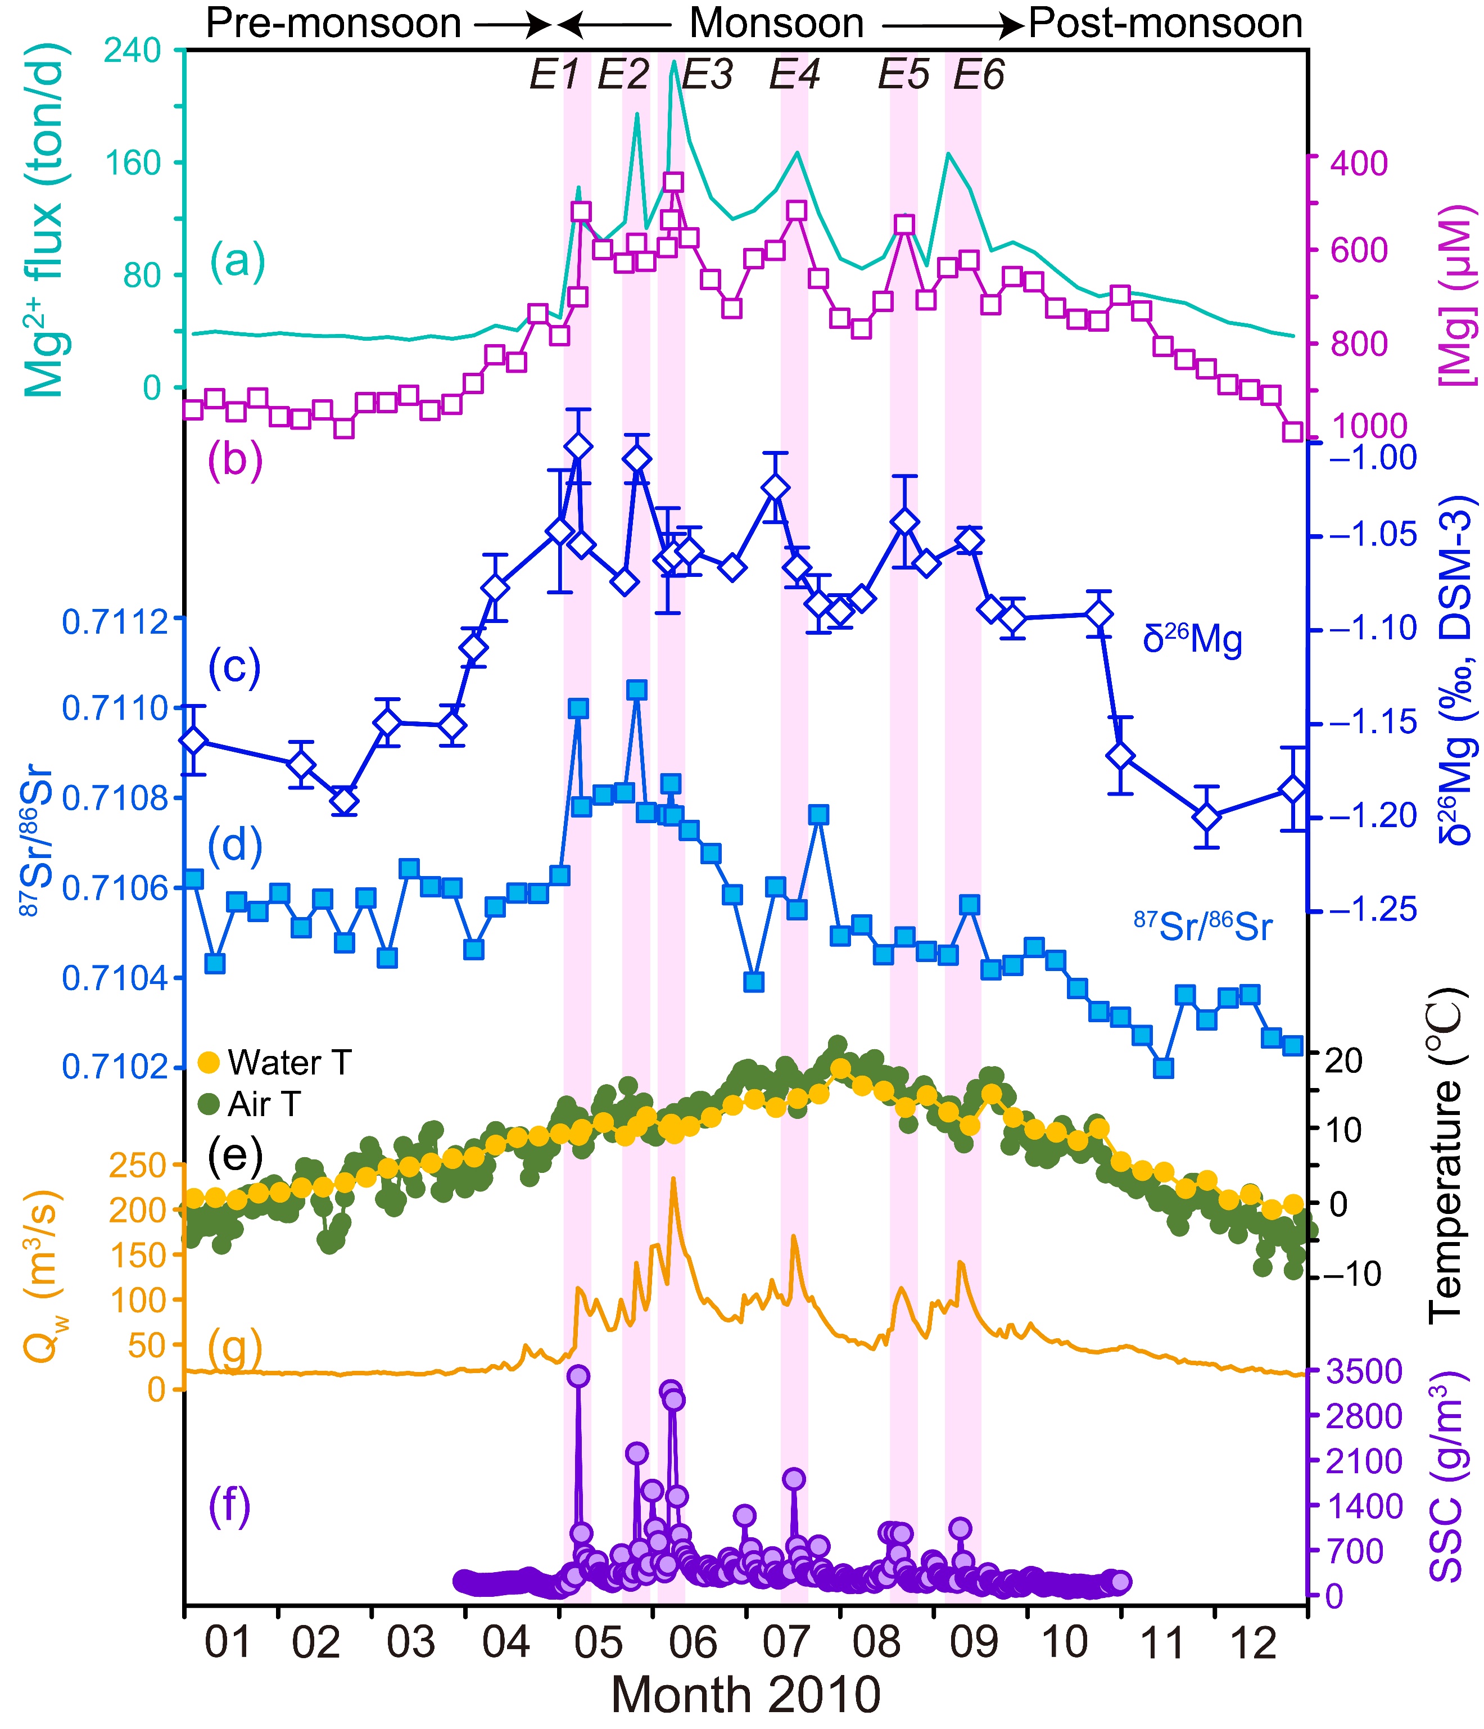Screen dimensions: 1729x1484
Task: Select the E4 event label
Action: coord(794,76)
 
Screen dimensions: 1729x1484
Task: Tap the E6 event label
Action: coord(979,76)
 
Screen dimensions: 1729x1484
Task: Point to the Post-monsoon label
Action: coord(1165,24)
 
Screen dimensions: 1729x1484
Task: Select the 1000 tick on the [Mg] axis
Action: coord(1369,426)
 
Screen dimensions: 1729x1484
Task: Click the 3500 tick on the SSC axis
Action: coord(1363,1370)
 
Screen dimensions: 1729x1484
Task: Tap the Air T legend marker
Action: coord(209,1104)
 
